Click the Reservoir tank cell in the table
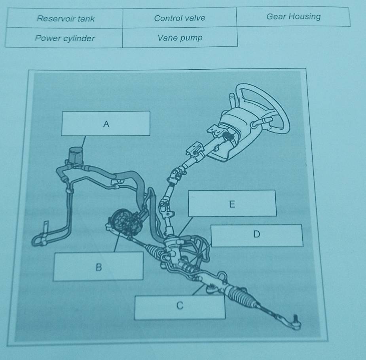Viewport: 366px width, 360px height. point(65,18)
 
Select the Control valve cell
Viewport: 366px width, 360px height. point(180,18)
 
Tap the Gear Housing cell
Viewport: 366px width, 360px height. point(294,16)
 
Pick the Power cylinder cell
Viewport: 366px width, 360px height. point(64,38)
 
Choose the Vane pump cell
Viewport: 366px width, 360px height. point(180,37)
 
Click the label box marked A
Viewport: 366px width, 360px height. point(106,123)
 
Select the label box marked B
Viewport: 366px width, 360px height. point(98,266)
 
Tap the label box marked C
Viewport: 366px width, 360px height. point(180,307)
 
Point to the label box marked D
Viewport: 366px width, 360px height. point(256,236)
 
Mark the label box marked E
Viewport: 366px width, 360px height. point(232,203)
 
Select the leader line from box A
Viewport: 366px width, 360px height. point(83,141)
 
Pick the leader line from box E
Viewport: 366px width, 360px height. point(186,226)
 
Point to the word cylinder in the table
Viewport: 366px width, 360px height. point(79,38)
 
